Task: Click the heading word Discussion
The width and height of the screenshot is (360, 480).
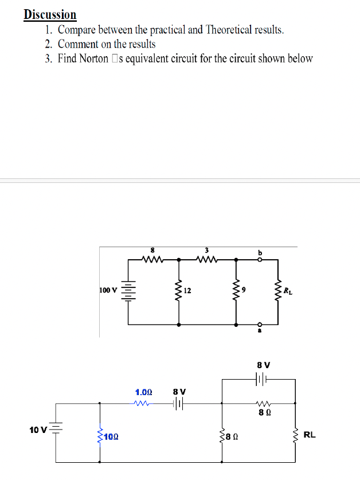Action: [x=50, y=14]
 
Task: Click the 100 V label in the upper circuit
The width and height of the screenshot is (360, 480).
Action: [x=108, y=290]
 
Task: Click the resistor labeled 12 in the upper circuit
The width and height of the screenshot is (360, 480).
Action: [x=180, y=291]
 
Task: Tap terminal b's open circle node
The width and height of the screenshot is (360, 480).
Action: [x=260, y=259]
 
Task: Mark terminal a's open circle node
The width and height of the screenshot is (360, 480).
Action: [x=260, y=324]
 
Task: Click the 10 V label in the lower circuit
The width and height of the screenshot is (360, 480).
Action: [x=37, y=430]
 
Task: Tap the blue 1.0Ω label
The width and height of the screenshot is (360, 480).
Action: [x=143, y=392]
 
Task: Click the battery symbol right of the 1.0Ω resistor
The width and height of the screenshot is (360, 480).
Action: [x=178, y=404]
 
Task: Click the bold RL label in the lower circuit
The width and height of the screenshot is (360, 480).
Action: [x=309, y=435]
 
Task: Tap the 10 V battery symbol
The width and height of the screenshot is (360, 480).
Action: [x=56, y=429]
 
